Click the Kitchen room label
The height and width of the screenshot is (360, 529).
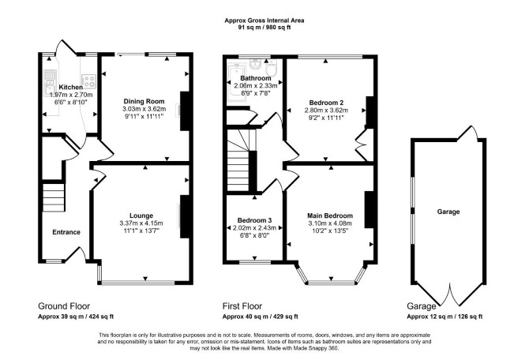tap(70, 88)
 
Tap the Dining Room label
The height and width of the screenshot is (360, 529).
tap(144, 101)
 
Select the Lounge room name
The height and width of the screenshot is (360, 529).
tap(141, 216)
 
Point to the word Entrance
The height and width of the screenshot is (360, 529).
tap(66, 232)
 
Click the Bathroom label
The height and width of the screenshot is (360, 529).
tap(256, 78)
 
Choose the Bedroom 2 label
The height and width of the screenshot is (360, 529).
tap(326, 103)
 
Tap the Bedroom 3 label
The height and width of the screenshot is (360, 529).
tap(254, 220)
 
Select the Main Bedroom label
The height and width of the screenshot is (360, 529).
tap(330, 216)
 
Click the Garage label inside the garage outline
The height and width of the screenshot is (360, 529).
tap(448, 212)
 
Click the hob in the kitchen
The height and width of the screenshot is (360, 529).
tap(89, 81)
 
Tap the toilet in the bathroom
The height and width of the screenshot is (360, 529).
tap(271, 68)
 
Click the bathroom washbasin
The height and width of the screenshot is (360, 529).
tap(255, 63)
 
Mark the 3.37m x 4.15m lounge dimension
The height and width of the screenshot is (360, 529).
tap(141, 223)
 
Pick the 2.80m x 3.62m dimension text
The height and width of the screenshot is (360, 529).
tap(326, 111)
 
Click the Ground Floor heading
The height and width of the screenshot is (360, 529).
tap(64, 306)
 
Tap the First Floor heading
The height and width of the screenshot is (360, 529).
tap(242, 306)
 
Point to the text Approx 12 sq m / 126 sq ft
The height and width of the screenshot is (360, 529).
tap(445, 317)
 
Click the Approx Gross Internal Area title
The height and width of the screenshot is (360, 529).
tap(264, 21)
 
